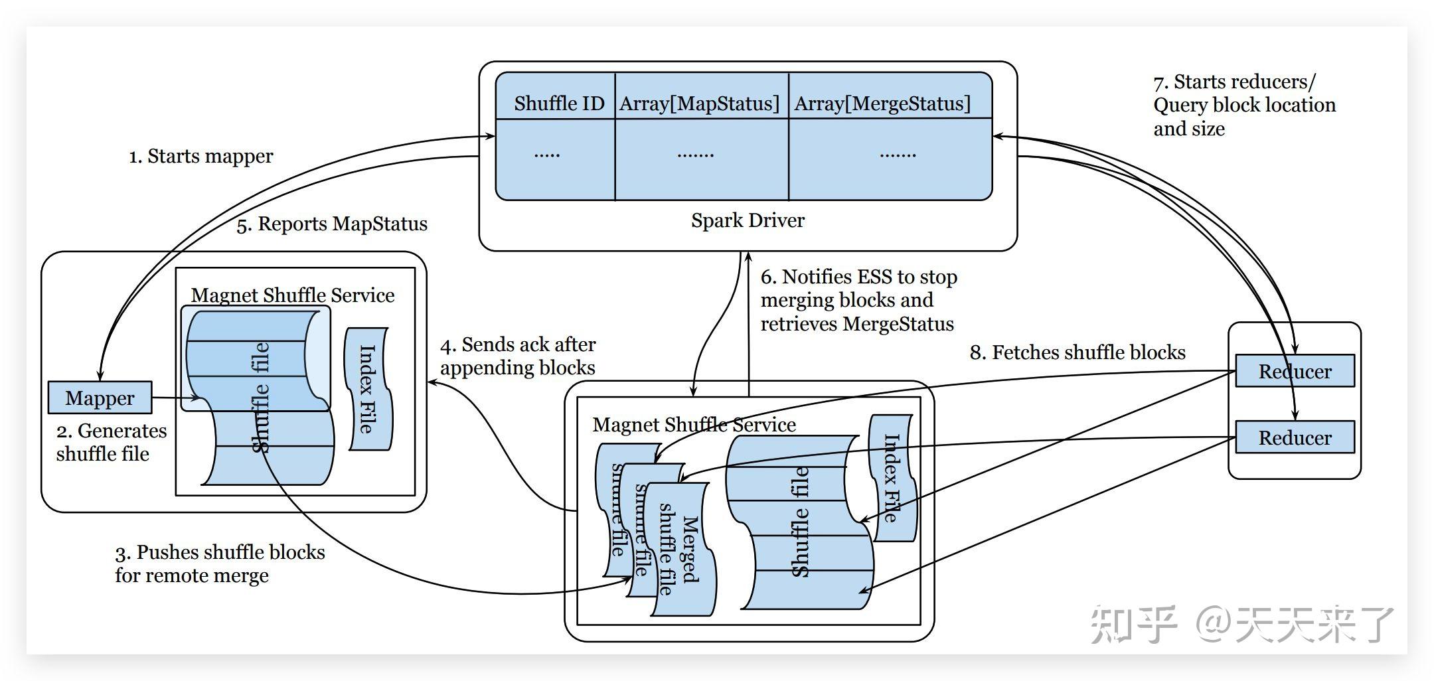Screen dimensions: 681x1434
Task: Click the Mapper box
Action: point(100,398)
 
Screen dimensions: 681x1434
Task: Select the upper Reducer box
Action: point(1294,371)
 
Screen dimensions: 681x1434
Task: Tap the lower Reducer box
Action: point(1294,437)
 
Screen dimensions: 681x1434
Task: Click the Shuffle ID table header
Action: point(558,104)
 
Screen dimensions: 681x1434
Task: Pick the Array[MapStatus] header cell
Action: point(699,104)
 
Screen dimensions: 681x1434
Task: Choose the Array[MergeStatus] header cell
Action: point(882,104)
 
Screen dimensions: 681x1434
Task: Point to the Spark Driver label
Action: point(748,220)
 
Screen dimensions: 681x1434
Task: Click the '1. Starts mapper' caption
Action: point(200,157)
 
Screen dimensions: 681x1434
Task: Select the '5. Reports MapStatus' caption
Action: point(332,224)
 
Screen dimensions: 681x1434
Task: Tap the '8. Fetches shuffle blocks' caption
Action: point(1077,352)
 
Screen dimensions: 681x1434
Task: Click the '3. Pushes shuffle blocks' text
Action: point(220,552)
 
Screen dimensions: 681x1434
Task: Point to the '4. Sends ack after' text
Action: point(518,345)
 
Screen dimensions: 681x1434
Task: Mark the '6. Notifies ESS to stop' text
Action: point(858,277)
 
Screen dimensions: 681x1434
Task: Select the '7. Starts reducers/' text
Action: point(1234,82)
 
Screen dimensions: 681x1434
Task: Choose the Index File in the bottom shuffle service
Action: point(892,478)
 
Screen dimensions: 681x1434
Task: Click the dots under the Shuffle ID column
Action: point(547,155)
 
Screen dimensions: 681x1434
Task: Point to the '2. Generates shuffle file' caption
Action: point(111,442)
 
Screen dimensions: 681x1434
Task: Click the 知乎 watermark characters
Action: point(1132,624)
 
